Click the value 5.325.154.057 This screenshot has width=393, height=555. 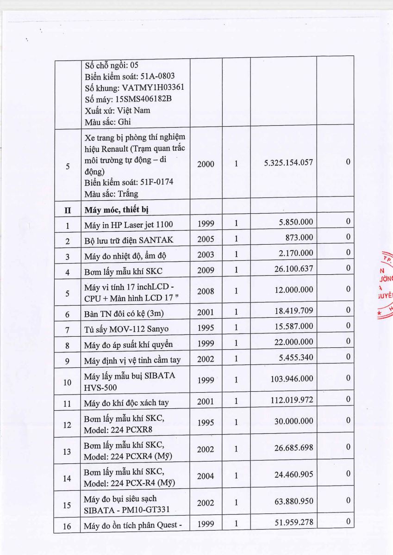[288, 163]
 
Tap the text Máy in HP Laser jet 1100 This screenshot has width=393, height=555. [128, 225]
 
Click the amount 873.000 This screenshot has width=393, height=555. [299, 237]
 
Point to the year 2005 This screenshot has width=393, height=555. [206, 240]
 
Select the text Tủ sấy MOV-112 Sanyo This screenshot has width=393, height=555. [126, 329]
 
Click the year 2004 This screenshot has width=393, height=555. [206, 476]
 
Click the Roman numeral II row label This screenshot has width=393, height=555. [68, 210]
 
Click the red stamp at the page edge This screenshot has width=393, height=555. [385, 287]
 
